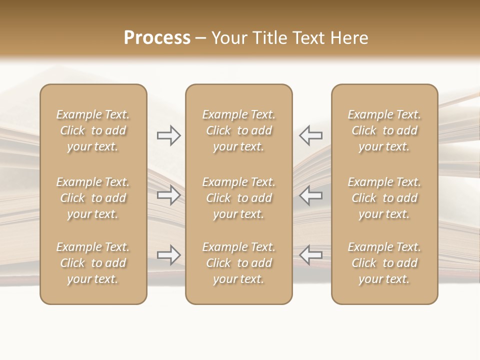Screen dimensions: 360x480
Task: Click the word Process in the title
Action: (157, 38)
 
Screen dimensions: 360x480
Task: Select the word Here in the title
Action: (349, 38)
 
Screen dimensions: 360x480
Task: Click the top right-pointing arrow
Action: (169, 135)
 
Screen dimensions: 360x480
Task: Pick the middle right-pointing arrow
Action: (169, 195)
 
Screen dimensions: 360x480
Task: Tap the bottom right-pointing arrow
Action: (169, 255)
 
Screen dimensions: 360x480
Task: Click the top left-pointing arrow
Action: (310, 135)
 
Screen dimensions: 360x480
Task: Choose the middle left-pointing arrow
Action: (310, 195)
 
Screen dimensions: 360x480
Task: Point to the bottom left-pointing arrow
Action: (310, 255)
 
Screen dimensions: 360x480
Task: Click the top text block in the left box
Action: (93, 130)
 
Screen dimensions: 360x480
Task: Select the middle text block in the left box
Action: (93, 198)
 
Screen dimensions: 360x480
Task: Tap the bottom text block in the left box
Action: (93, 263)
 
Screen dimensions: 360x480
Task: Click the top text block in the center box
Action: (238, 130)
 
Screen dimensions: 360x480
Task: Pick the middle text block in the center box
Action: (238, 198)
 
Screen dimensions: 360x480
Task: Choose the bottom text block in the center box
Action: (238, 263)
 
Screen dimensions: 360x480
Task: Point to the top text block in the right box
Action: (384, 130)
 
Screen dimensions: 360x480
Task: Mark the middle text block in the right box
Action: (384, 198)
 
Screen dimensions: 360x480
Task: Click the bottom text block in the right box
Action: (384, 263)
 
